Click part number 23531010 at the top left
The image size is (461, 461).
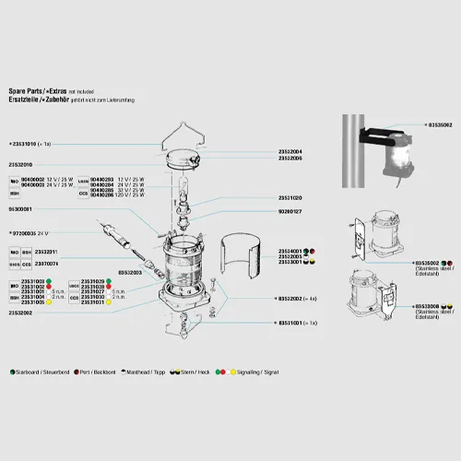point(24,145)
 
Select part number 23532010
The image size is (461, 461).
point(20,164)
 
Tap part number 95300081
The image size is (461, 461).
point(20,210)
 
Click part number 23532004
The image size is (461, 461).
point(290,151)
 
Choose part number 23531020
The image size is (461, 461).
point(290,197)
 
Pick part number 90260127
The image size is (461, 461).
point(290,211)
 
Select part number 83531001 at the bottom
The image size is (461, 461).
point(293,324)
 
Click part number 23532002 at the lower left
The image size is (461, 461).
point(20,313)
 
